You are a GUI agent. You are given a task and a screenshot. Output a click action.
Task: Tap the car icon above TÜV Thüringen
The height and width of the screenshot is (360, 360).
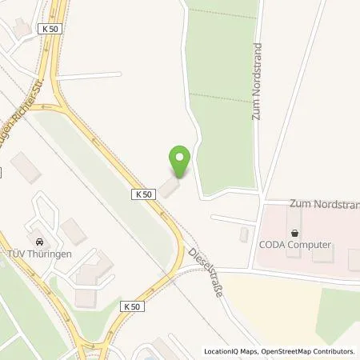click(x=38, y=242)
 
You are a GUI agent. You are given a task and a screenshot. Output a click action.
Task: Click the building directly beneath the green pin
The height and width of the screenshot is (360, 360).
click(x=169, y=187)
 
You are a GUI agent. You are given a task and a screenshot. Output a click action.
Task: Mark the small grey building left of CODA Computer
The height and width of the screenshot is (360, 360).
click(x=244, y=234)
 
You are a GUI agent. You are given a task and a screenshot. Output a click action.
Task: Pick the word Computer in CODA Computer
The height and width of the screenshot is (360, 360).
click(x=312, y=246)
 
